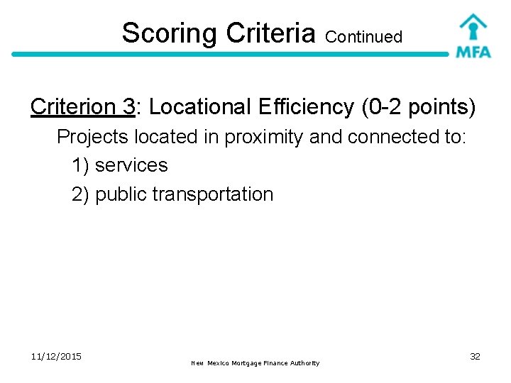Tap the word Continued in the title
(x=364, y=36)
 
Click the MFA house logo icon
(x=473, y=28)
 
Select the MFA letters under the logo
(x=473, y=51)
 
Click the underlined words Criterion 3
(x=82, y=106)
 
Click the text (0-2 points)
(x=419, y=106)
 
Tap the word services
(x=131, y=165)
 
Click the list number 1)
(x=80, y=165)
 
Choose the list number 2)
(x=80, y=194)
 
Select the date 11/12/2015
(x=56, y=356)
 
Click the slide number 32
(x=475, y=356)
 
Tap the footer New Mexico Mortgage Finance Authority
(x=255, y=363)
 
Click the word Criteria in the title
(x=270, y=33)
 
